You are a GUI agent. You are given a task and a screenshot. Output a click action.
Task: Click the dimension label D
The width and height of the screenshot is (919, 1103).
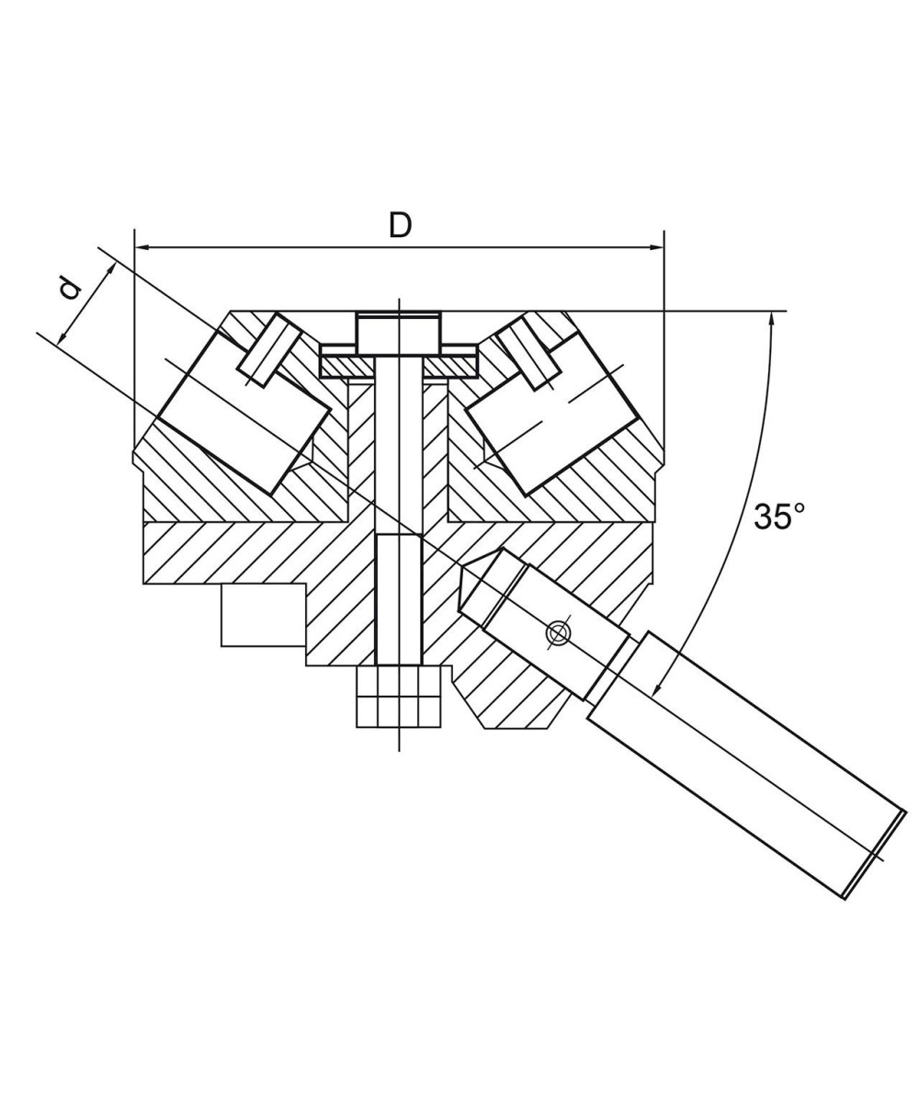(x=400, y=224)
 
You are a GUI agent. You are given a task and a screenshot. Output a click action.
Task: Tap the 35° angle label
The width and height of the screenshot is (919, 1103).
(x=778, y=517)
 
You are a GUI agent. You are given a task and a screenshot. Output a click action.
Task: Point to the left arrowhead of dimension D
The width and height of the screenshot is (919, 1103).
(x=141, y=247)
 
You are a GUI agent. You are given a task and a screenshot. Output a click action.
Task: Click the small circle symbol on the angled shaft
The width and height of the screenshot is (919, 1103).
(x=556, y=632)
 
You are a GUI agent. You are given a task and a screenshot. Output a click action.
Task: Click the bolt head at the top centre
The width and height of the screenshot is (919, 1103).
(x=399, y=333)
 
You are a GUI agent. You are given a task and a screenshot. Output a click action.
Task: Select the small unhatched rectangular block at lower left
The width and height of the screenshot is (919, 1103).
(x=263, y=615)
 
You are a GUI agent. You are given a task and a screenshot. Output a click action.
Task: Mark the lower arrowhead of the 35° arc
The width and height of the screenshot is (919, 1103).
(x=656, y=689)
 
